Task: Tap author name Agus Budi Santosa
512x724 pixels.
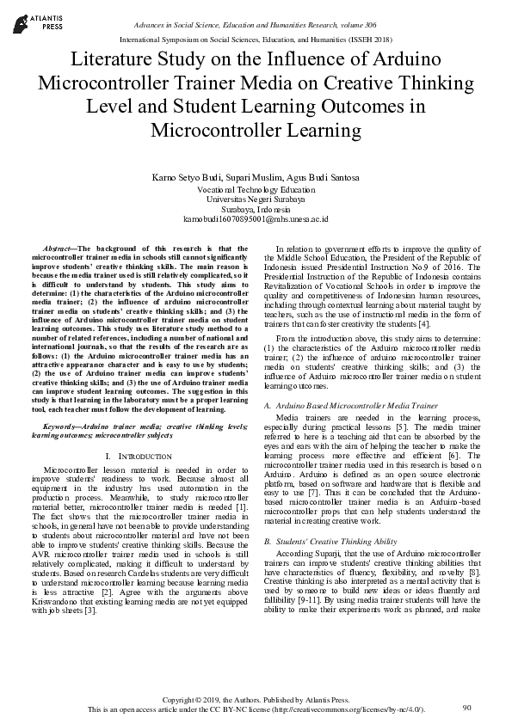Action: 325,178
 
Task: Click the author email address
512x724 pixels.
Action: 256,219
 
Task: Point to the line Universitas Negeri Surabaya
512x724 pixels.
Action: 256,199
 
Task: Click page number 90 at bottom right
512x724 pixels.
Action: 467,707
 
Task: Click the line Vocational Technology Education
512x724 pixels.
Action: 256,188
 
